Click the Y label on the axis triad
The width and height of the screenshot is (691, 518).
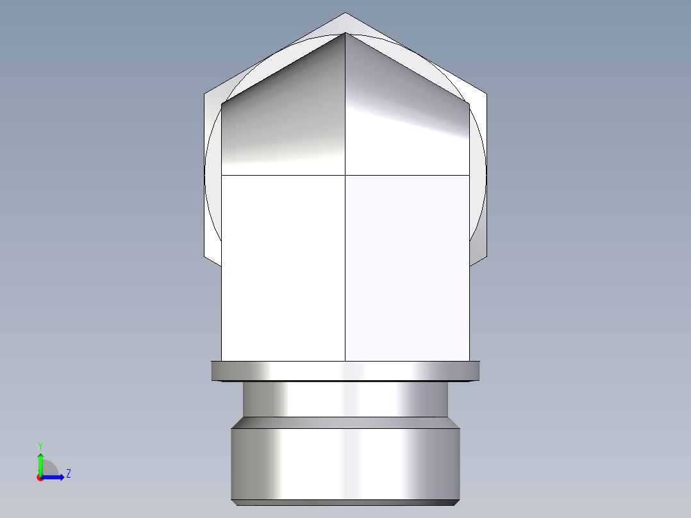point(40,445)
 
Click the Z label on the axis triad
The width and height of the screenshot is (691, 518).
point(68,474)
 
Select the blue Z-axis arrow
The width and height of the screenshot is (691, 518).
point(54,477)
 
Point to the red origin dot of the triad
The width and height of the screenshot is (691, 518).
point(40,478)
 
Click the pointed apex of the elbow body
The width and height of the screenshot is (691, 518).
point(345,33)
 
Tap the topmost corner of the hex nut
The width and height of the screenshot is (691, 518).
point(345,13)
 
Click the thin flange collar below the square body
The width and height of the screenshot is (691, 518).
point(345,371)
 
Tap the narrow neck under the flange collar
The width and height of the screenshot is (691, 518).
point(345,399)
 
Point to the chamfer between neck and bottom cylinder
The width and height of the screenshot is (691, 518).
point(345,422)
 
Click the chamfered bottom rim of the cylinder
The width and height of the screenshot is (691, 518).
point(345,502)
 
